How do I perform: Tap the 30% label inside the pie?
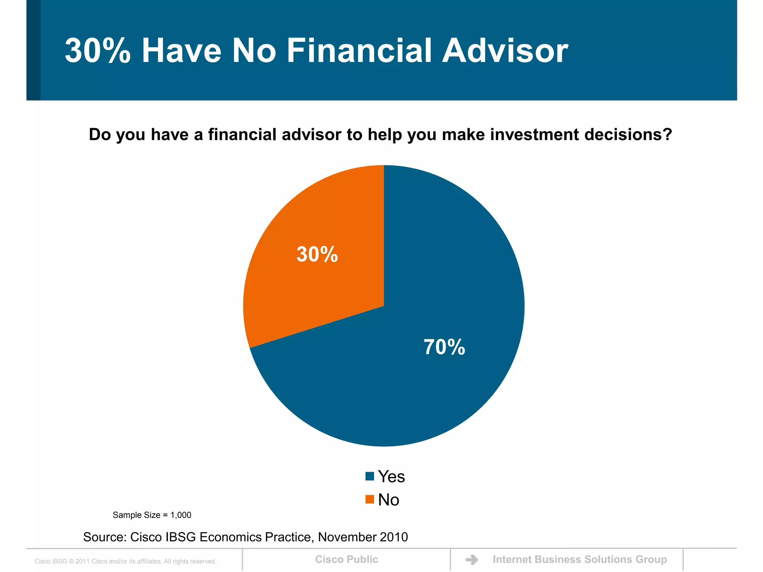(x=317, y=254)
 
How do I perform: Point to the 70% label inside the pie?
(x=444, y=347)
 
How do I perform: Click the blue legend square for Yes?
(x=370, y=476)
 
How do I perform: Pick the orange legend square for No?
(x=370, y=499)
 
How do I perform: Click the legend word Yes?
(x=391, y=477)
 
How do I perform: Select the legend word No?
(x=389, y=500)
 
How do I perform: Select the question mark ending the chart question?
(x=667, y=134)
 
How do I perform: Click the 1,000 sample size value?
(x=181, y=515)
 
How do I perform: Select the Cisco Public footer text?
(x=346, y=559)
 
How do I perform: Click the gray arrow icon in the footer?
(x=472, y=559)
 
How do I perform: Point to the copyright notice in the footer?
(x=126, y=561)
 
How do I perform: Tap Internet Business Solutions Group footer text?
(x=580, y=559)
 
